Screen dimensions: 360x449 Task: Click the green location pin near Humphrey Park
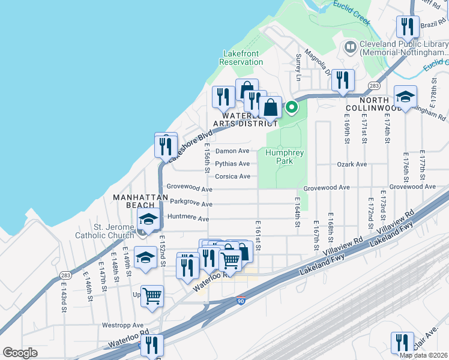(292, 108)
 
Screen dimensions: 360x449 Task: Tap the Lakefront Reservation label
(241, 58)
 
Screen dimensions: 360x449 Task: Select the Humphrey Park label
(285, 157)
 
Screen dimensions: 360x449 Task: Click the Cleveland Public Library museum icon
(350, 46)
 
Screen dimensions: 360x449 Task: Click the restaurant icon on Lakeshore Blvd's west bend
(165, 146)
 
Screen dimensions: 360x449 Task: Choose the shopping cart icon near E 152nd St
(152, 295)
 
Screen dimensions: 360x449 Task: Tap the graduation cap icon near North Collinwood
(405, 97)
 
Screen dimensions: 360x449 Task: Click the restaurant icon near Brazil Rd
(407, 27)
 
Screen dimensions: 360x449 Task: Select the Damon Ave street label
(232, 151)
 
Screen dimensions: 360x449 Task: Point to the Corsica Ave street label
(232, 176)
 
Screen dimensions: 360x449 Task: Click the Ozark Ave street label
(352, 164)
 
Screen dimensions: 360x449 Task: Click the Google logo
(20, 352)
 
